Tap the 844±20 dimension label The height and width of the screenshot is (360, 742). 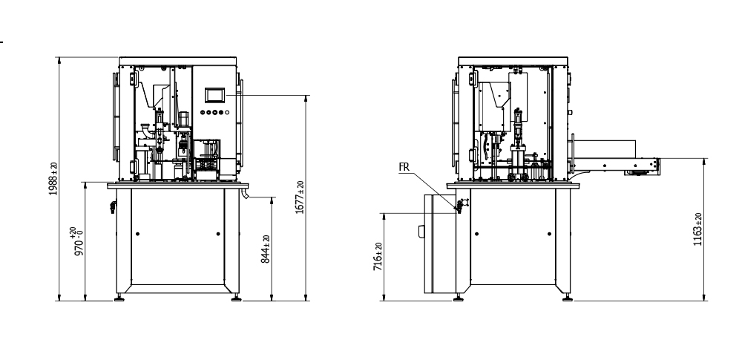click(x=266, y=249)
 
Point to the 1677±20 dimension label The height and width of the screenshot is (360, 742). click(x=300, y=197)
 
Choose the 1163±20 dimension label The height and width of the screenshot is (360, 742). click(x=698, y=229)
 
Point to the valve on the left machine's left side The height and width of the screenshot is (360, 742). click(x=111, y=205)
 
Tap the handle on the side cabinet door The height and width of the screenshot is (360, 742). click(x=421, y=232)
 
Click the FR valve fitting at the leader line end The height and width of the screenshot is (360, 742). click(x=460, y=206)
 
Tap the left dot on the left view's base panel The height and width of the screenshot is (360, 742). click(x=137, y=234)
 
